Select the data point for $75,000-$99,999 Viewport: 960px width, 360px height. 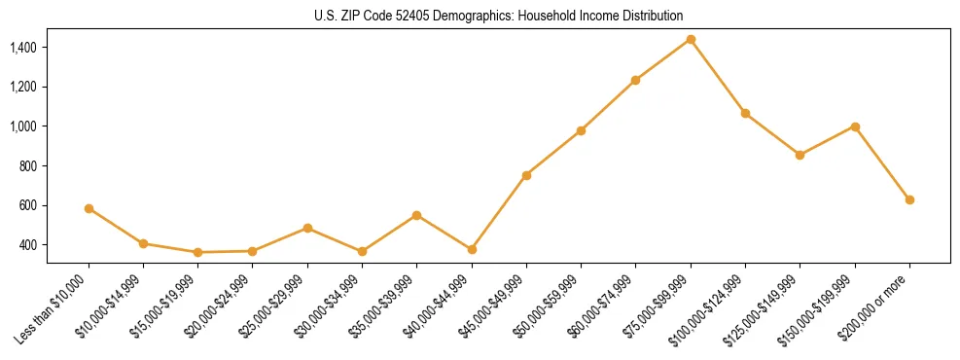(691, 39)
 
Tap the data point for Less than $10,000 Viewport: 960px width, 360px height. (89, 208)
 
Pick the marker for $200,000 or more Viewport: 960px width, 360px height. (909, 199)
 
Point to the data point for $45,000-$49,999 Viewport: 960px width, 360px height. (526, 175)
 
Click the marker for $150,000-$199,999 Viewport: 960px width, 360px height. (855, 126)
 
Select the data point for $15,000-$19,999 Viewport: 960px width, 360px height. (198, 252)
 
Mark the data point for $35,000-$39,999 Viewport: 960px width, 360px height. (417, 215)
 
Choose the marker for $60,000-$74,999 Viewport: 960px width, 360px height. (636, 80)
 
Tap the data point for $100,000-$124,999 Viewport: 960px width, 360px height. (745, 113)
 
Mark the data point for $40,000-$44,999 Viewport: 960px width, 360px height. (472, 249)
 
